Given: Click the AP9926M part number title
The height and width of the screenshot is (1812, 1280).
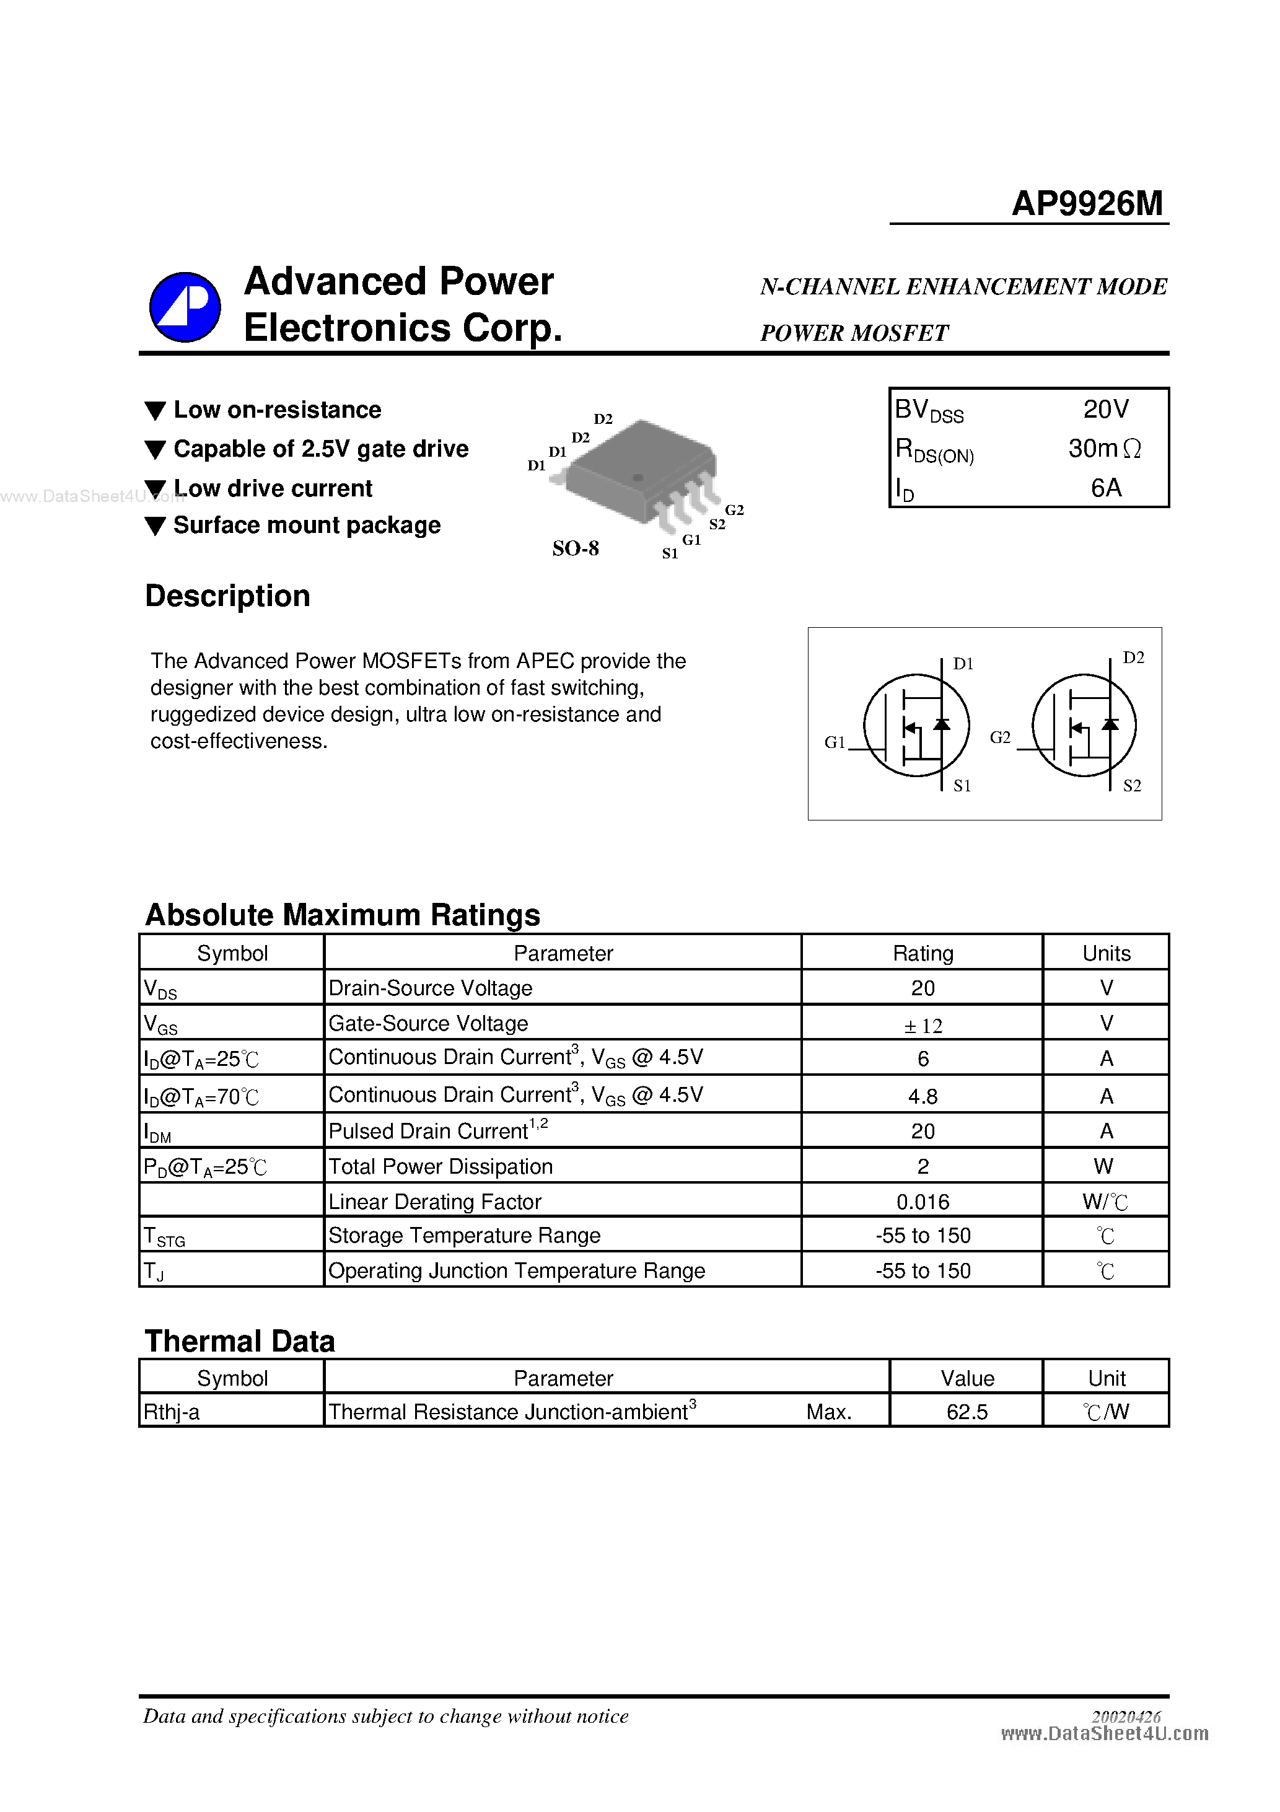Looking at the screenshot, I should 1087,204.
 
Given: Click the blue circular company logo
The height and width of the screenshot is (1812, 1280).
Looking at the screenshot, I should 185,307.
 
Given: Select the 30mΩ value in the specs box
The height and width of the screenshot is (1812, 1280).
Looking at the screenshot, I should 1104,448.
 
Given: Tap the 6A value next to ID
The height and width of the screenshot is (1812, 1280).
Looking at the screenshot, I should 1106,488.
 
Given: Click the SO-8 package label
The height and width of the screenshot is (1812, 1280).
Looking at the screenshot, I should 576,548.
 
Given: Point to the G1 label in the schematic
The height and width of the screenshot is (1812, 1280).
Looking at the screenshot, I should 834,742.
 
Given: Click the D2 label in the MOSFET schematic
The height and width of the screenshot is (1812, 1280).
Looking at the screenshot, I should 1133,658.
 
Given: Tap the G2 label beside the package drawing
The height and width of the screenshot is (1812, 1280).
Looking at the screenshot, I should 734,510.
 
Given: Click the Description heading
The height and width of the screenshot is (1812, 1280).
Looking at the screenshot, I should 227,596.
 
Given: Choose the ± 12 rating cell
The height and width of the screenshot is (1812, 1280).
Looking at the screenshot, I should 923,1025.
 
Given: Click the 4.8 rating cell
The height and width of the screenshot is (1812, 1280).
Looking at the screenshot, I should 923,1096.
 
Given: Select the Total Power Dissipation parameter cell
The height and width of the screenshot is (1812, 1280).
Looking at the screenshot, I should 441,1166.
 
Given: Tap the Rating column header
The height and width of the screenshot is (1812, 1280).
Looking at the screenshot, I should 923,953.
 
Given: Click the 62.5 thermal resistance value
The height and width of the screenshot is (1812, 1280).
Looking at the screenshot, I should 967,1412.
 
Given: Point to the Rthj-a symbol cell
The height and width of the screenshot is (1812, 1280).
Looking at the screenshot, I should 171,1412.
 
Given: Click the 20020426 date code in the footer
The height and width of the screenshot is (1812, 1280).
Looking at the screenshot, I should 1126,1717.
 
